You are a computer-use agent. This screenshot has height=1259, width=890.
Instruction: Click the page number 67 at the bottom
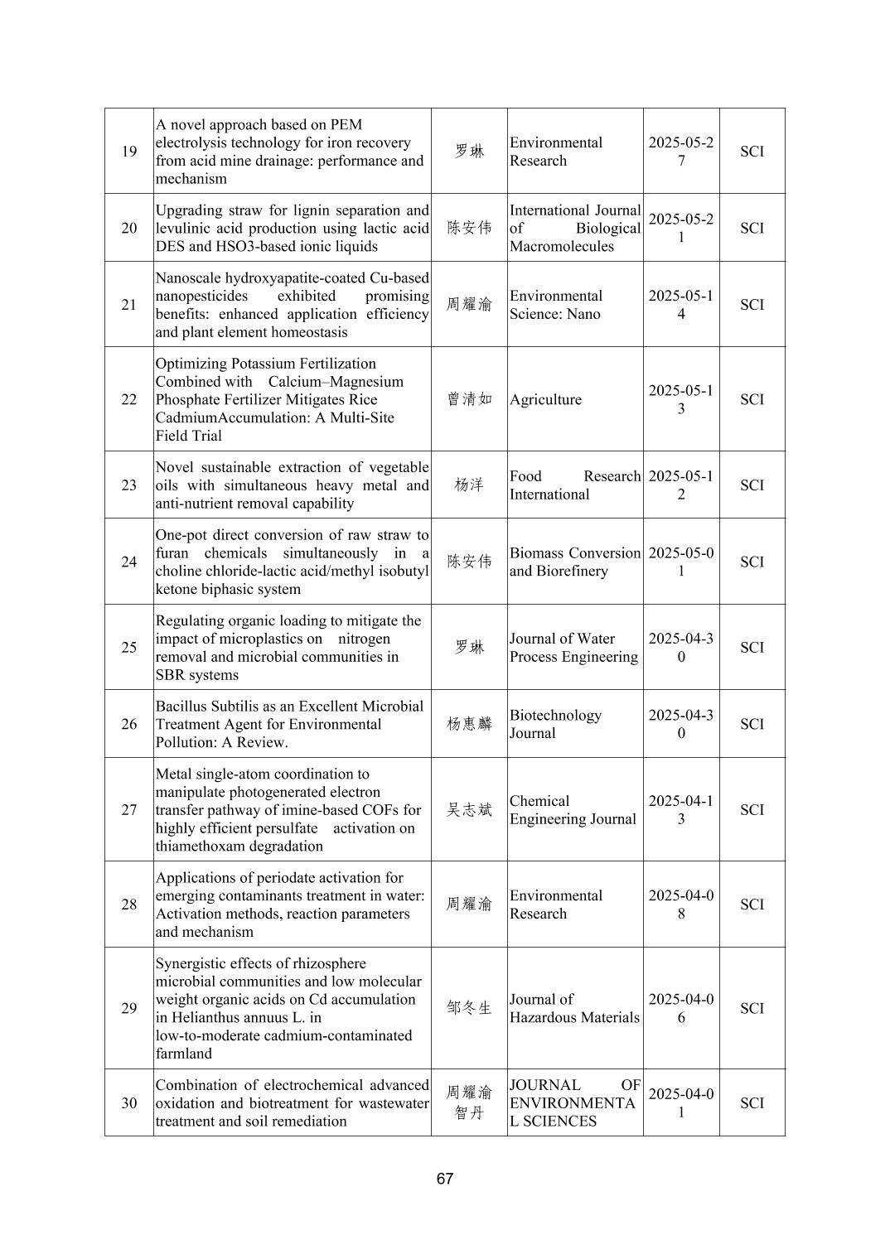coord(444,1178)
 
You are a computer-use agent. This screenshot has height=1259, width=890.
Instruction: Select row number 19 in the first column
coord(129,152)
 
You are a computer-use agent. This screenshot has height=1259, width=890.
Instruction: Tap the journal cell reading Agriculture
coord(545,399)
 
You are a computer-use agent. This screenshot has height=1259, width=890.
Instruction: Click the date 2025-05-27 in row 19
coord(680,152)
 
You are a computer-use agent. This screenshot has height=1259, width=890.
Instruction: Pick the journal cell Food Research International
coord(574,485)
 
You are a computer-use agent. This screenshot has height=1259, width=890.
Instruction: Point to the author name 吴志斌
coord(469,810)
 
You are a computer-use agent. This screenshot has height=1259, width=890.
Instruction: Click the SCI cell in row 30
coord(752,1103)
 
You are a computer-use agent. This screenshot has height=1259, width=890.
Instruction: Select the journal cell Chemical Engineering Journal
coord(573,810)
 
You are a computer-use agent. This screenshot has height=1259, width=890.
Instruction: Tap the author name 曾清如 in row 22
coord(469,399)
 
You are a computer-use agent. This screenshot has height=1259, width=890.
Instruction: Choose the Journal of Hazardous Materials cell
coord(574,1008)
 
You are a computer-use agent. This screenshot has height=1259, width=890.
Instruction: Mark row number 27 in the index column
coord(129,810)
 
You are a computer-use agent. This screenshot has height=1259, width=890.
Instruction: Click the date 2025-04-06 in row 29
coord(680,1008)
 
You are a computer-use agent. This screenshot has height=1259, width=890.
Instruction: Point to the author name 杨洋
coord(469,485)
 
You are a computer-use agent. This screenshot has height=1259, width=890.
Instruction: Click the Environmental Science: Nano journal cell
coord(555,305)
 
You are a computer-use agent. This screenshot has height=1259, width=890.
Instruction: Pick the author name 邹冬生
coord(469,1008)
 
